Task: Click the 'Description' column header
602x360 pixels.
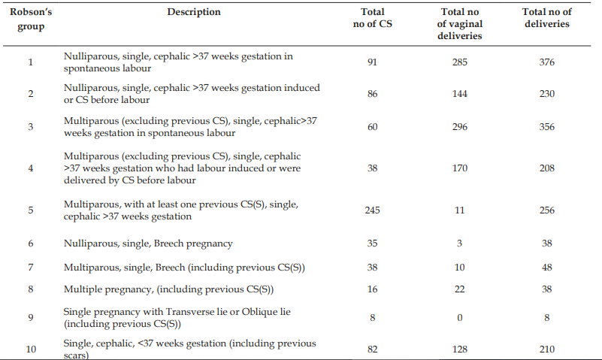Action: click(194, 12)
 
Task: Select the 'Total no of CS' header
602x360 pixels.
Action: click(373, 17)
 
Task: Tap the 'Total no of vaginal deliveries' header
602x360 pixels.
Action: click(459, 24)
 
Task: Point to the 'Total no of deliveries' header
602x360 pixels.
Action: click(546, 17)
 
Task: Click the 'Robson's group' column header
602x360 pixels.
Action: click(31, 20)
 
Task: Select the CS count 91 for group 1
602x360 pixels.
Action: click(372, 62)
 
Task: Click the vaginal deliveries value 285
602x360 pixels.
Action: click(459, 62)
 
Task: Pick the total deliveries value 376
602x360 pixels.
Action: click(546, 62)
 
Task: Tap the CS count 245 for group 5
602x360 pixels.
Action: click(373, 210)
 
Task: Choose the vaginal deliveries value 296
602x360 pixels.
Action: click(459, 127)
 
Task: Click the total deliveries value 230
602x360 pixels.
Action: click(546, 94)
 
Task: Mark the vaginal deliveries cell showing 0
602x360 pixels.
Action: click(459, 318)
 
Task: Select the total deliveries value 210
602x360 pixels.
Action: click(546, 349)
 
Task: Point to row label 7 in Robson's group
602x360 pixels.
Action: click(31, 268)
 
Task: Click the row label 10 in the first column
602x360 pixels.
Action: click(31, 349)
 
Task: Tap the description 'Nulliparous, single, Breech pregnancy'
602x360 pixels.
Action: click(148, 244)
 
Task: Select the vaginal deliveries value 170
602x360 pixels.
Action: click(459, 168)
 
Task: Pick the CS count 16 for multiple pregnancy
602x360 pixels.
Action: click(373, 289)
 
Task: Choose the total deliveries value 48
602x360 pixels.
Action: click(546, 268)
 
